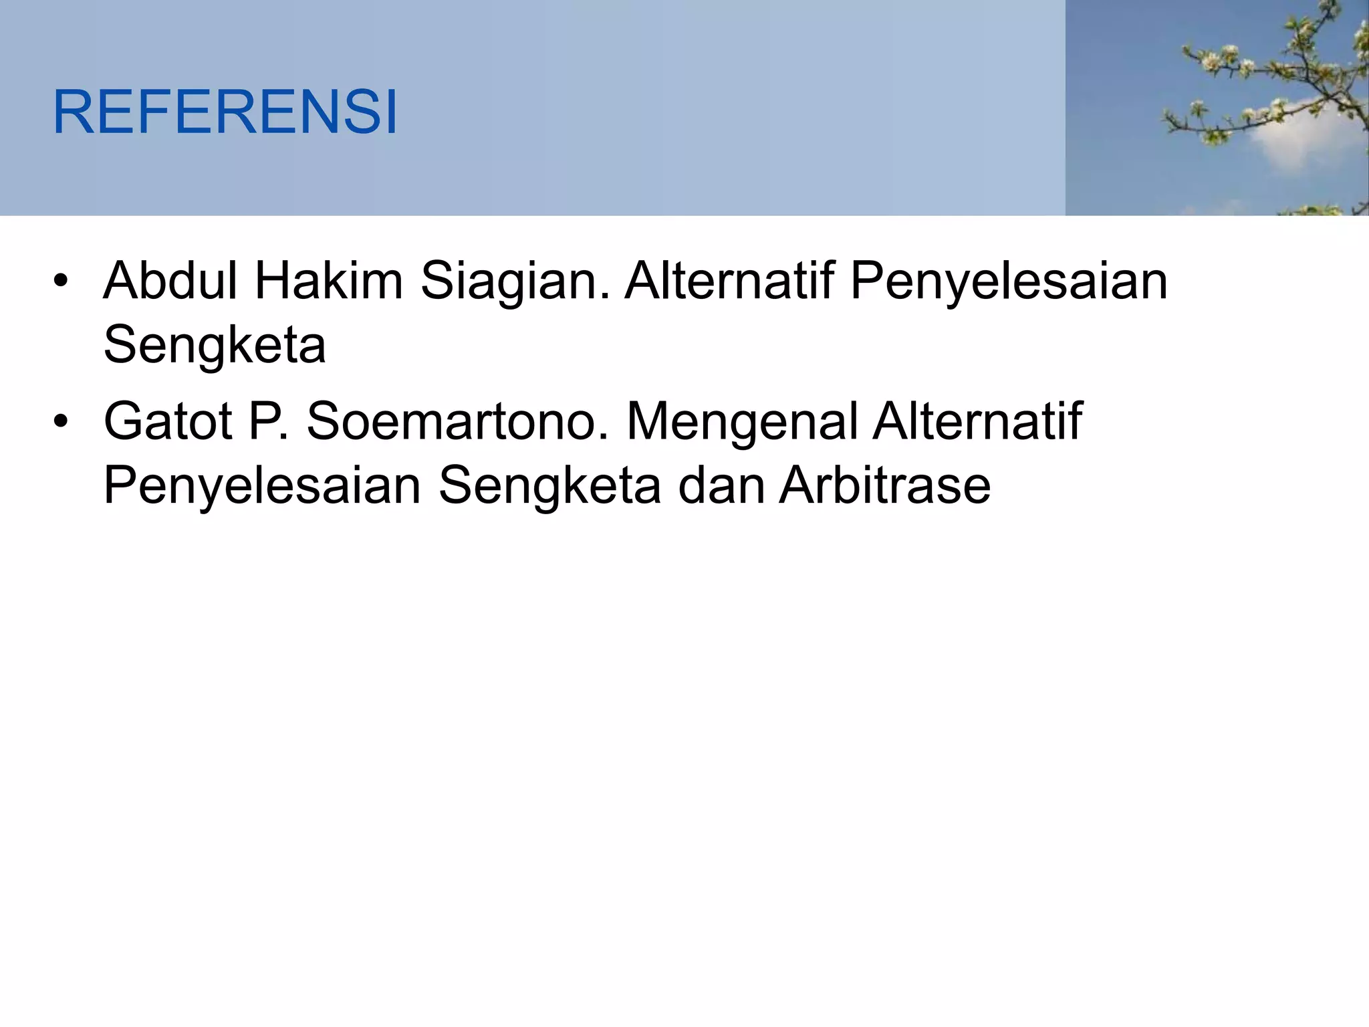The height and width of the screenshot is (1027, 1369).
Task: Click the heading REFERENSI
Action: pos(225,112)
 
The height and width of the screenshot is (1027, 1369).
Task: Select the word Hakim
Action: pos(328,281)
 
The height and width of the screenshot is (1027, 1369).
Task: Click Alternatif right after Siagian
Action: pos(729,281)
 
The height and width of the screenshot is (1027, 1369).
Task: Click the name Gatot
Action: pos(168,421)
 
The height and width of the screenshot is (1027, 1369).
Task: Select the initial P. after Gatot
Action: pos(268,421)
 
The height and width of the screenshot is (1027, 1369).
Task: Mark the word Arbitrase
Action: pos(885,485)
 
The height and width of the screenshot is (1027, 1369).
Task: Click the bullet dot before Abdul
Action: pos(61,281)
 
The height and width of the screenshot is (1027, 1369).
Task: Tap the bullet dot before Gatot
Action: pos(61,422)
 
